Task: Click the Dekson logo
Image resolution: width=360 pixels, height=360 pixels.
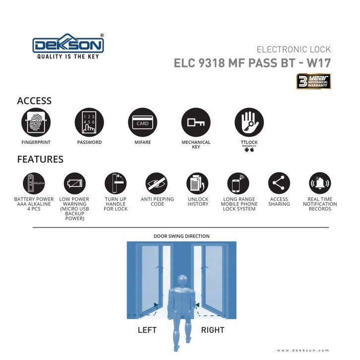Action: pyautogui.click(x=68, y=46)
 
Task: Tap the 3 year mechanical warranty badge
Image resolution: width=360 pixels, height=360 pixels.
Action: pyautogui.click(x=313, y=81)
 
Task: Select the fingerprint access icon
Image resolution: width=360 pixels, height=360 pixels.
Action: pyautogui.click(x=36, y=122)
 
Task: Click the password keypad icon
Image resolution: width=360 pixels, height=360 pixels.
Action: pyautogui.click(x=89, y=122)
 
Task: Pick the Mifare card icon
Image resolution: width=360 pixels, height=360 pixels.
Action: pyautogui.click(x=142, y=122)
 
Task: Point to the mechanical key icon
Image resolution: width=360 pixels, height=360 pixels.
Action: pyautogui.click(x=196, y=122)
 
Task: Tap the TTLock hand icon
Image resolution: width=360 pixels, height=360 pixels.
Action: pyautogui.click(x=249, y=122)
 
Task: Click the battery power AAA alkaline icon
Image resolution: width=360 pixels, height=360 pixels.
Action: pyautogui.click(x=34, y=183)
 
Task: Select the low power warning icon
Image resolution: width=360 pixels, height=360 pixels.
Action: pyautogui.click(x=74, y=183)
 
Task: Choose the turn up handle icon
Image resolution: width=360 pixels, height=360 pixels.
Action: pyautogui.click(x=115, y=183)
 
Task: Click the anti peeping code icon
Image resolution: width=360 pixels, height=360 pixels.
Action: pyautogui.click(x=157, y=183)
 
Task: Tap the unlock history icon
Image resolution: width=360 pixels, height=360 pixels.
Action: pyautogui.click(x=198, y=183)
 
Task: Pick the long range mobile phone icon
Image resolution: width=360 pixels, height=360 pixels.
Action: pyautogui.click(x=239, y=183)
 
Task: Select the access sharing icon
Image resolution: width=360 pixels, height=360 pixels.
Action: pyautogui.click(x=279, y=183)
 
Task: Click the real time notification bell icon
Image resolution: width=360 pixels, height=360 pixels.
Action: pyautogui.click(x=319, y=183)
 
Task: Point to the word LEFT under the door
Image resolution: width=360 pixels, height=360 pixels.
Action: pyautogui.click(x=147, y=330)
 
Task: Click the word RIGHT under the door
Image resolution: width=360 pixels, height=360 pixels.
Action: pyautogui.click(x=213, y=330)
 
